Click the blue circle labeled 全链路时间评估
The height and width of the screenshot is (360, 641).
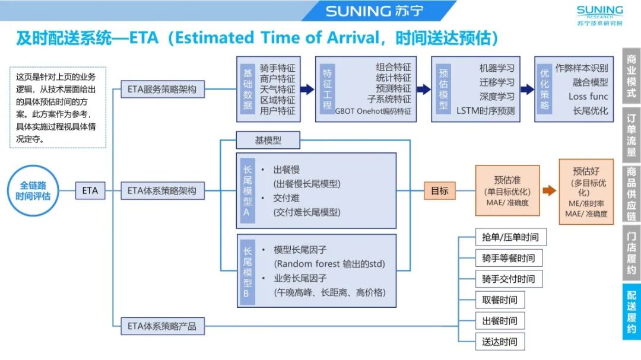[x=36, y=192]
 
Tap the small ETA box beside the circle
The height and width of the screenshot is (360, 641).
[x=90, y=191]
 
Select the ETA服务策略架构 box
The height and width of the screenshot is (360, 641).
[x=162, y=90]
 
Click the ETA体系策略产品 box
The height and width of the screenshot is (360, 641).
[x=162, y=326]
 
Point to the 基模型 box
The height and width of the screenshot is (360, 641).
[x=268, y=141]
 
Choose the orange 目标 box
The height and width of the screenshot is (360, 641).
[x=439, y=191]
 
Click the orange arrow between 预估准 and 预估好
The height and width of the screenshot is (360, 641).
[x=549, y=191]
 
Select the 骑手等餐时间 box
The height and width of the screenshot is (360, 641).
[x=509, y=258]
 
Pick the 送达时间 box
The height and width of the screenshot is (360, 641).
[x=500, y=342]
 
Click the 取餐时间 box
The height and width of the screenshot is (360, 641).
[x=500, y=300]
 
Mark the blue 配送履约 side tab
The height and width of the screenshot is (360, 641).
[x=632, y=312]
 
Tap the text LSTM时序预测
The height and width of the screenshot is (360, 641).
[x=485, y=110]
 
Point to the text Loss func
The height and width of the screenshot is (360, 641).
[x=588, y=96]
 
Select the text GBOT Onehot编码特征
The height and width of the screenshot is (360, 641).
[x=373, y=110]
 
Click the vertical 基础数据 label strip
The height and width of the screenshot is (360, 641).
[x=247, y=89]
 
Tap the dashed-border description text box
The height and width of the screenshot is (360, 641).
[x=58, y=107]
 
